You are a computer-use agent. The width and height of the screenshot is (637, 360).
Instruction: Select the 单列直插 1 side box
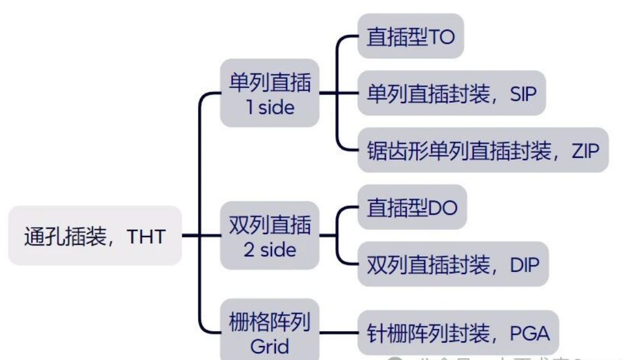(269, 94)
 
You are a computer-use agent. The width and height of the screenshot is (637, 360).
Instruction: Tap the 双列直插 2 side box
(269, 236)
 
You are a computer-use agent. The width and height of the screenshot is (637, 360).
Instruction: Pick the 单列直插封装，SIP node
(451, 94)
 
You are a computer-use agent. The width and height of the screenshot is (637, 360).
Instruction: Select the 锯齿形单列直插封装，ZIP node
(483, 150)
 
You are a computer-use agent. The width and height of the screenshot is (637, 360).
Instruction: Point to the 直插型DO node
(412, 208)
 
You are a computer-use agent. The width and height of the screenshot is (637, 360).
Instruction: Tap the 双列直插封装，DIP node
(453, 264)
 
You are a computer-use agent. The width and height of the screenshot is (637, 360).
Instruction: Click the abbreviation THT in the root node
(147, 237)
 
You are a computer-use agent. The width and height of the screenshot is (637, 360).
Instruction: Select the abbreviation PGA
(530, 334)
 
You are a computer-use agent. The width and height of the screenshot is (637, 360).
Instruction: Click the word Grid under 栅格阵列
(269, 347)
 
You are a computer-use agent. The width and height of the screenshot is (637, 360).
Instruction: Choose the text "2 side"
(270, 250)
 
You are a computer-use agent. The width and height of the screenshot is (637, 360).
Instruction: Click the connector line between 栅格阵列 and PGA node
(339, 333)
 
